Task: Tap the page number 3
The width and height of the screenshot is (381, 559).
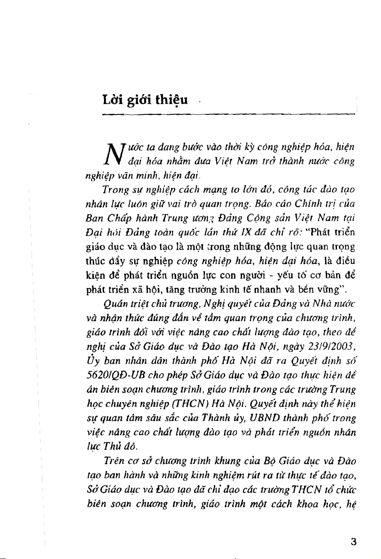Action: point(353,542)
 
